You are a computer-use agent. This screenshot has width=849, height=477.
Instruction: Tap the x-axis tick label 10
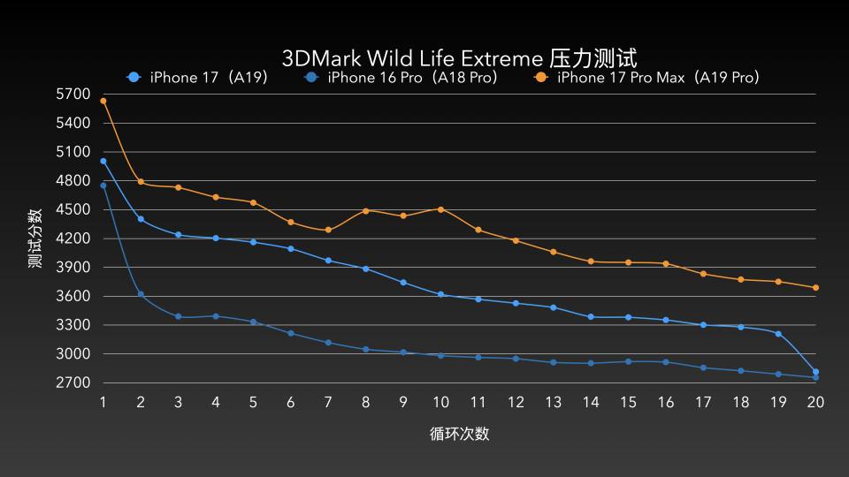click(440, 402)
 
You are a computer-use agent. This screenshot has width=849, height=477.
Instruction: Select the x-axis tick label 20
click(815, 402)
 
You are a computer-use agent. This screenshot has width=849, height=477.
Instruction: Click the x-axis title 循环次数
click(459, 434)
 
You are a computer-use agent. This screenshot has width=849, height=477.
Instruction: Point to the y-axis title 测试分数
click(35, 238)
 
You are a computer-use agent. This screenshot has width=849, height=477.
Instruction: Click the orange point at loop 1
click(103, 101)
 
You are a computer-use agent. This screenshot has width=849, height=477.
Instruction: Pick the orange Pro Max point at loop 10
click(440, 209)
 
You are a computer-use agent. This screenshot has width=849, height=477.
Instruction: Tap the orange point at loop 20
click(815, 288)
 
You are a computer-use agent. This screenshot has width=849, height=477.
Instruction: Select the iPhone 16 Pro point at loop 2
click(141, 294)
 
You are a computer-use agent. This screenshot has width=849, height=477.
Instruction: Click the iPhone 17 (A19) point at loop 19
click(778, 334)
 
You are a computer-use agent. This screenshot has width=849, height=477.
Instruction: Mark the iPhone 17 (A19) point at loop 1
click(103, 162)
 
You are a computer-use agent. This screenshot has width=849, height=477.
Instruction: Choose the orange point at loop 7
click(328, 230)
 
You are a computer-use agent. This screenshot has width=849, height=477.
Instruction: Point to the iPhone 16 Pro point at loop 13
click(553, 362)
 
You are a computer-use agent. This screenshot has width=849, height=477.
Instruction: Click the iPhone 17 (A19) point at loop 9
click(403, 283)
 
